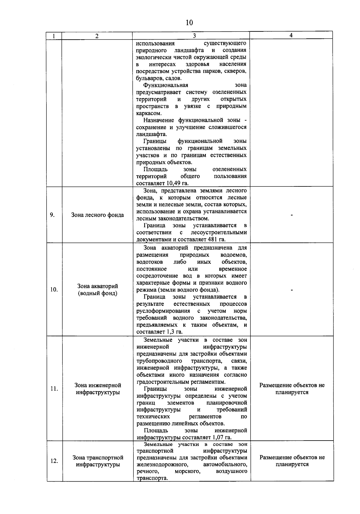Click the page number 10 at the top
[189, 23]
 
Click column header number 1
[54, 36]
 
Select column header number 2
[97, 36]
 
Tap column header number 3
[194, 36]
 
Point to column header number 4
[291, 35]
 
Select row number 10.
[54, 290]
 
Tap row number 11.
[54, 389]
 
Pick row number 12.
[54, 461]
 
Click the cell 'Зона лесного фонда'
[97, 215]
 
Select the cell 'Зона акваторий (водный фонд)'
[97, 290]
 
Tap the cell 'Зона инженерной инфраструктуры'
[98, 389]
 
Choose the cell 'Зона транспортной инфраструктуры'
[98, 461]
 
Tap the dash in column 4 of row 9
[292, 215]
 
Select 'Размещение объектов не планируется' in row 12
[292, 461]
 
